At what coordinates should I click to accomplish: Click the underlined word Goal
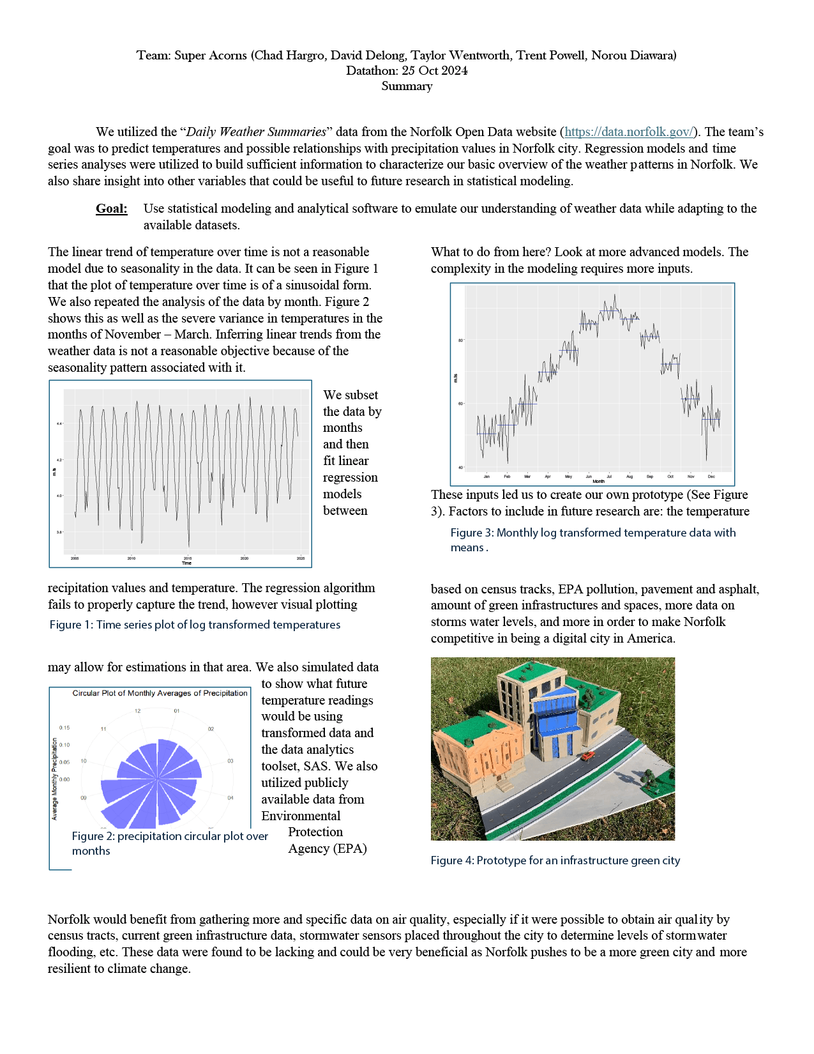112,209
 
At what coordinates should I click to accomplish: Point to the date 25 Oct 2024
434,71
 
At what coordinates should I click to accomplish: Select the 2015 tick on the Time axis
188,558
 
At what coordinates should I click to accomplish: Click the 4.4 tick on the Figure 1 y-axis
59,424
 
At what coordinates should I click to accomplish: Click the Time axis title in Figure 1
186,563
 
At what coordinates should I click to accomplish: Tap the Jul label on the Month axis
609,477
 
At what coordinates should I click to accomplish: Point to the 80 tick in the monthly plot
460,340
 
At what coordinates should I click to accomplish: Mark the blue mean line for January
486,434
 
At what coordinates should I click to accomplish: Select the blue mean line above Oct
670,365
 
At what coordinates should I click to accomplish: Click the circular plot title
160,693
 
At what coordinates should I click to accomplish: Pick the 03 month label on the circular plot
230,761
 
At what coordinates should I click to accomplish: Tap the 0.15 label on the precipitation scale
64,728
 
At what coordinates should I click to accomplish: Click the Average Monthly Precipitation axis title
54,779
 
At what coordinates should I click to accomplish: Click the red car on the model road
588,756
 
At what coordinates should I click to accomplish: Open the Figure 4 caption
555,861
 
